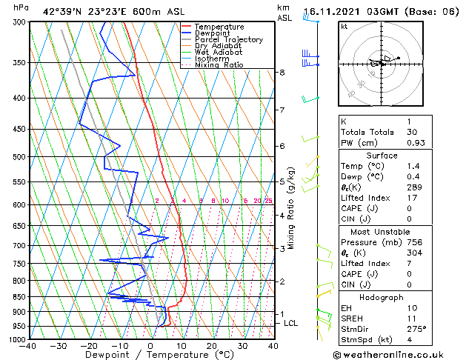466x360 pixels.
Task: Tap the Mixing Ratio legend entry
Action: [219, 65]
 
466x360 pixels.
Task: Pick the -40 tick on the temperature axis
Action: [29, 345]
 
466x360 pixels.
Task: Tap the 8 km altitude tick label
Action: [282, 73]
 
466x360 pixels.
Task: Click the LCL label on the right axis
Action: [291, 324]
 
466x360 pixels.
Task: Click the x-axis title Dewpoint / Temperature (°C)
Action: [150, 355]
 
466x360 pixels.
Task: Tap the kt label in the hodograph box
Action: [344, 26]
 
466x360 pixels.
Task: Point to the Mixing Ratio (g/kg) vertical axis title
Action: [291, 208]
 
